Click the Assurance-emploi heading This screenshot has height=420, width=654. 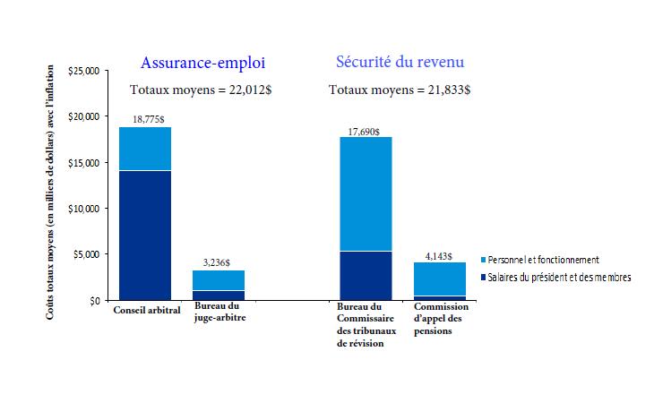click(202, 63)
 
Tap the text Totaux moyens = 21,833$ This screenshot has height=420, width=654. click(400, 90)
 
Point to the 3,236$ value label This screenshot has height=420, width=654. click(218, 262)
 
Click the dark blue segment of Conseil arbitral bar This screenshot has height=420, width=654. click(145, 235)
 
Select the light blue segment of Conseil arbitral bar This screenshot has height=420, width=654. click(145, 149)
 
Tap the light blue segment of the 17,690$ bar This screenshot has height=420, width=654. click(365, 193)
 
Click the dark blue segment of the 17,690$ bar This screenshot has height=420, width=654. click(365, 275)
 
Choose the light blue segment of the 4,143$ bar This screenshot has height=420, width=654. click(440, 279)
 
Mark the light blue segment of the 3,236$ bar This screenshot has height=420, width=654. click(219, 280)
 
